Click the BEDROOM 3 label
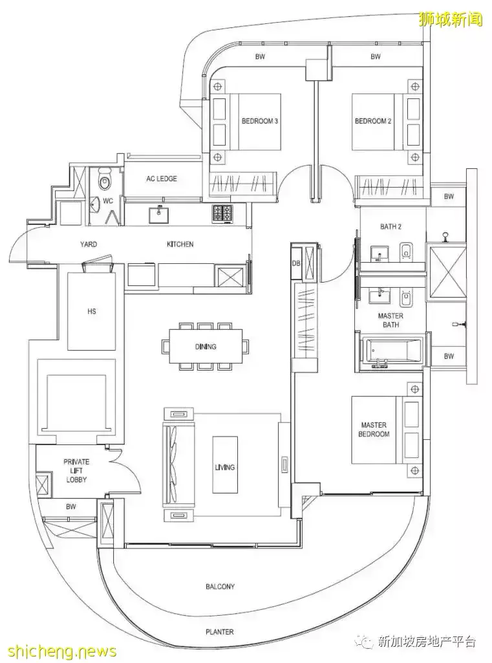(259, 121)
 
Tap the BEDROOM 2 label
(373, 121)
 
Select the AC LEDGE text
(162, 179)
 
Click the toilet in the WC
(104, 181)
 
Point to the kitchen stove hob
(223, 213)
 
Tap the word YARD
(89, 244)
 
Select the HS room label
(92, 311)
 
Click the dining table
(206, 346)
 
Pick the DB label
(296, 263)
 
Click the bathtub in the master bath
(390, 351)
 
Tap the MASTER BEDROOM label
(374, 429)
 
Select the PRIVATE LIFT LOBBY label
(76, 471)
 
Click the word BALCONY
(220, 587)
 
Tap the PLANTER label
(220, 632)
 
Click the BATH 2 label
(390, 226)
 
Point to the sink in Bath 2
(380, 254)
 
